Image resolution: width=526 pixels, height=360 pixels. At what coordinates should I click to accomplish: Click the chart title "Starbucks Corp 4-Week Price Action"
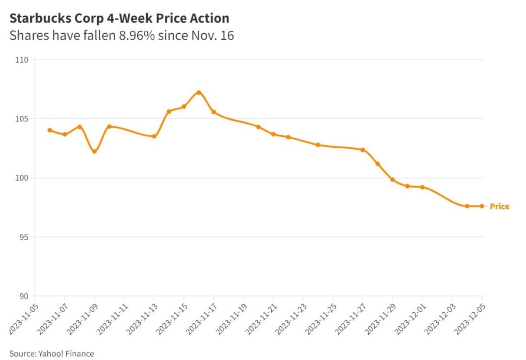click(x=119, y=18)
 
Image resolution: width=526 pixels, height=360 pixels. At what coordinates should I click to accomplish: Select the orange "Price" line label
click(x=499, y=206)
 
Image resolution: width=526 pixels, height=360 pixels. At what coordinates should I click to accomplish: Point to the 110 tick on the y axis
click(x=23, y=60)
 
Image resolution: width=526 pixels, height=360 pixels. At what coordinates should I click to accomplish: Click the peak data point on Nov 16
click(x=199, y=93)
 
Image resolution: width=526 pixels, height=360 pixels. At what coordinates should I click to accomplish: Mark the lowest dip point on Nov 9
click(x=94, y=151)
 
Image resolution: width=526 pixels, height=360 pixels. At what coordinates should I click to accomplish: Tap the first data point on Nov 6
click(x=50, y=130)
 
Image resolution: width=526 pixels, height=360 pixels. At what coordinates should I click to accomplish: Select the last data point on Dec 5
click(x=482, y=206)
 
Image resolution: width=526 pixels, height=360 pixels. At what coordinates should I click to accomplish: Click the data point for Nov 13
click(x=154, y=136)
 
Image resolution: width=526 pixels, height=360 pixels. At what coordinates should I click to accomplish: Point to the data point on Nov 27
click(x=363, y=150)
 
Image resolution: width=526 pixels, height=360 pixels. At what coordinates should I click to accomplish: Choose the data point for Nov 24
click(x=318, y=145)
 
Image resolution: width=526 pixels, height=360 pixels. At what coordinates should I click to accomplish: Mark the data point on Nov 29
click(x=392, y=180)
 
